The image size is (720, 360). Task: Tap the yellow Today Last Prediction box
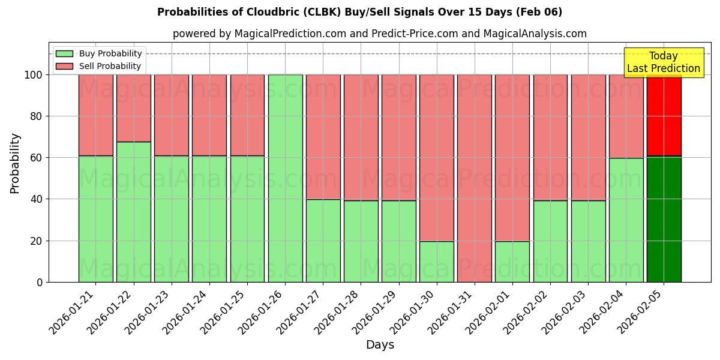pos(663,62)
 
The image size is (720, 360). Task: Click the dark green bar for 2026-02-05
pos(664,219)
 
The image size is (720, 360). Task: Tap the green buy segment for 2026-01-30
pos(437,262)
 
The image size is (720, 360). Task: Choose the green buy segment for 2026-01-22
pos(133,212)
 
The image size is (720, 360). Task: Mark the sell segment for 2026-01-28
pos(361,137)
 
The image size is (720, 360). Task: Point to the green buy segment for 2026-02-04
pos(626,220)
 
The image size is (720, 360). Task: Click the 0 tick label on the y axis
pos(40,282)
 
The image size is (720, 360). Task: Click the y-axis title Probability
pos(15,163)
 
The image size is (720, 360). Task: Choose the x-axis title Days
pos(380,345)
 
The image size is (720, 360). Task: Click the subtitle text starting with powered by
pos(380,34)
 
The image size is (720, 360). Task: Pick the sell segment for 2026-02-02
pos(550,137)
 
